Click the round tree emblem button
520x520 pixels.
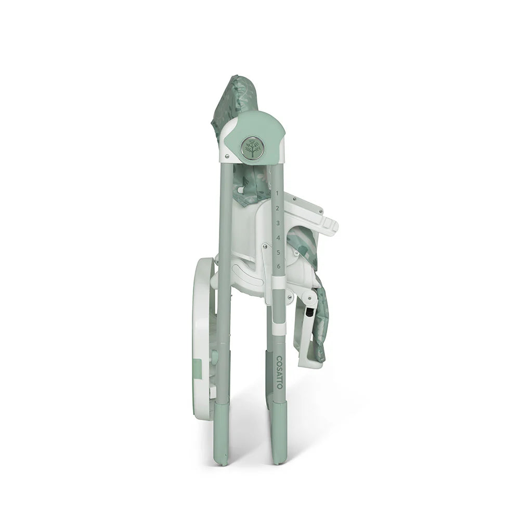[x=252, y=148]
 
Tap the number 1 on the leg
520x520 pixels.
[x=277, y=193]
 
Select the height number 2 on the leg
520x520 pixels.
[x=278, y=208]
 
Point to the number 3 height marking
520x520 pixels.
[x=278, y=223]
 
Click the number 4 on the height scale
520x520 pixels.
[x=278, y=238]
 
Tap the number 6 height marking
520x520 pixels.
[x=279, y=266]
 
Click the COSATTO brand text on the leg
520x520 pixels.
[x=279, y=372]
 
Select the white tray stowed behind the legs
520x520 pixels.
[x=203, y=338]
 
